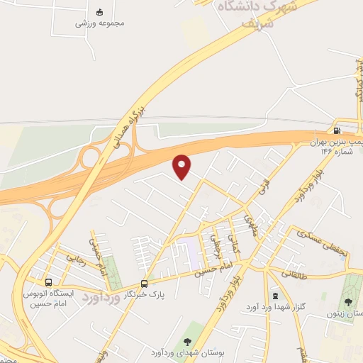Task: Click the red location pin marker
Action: click(183, 167)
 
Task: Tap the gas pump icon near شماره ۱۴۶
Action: click(336, 130)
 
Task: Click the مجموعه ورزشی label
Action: click(101, 23)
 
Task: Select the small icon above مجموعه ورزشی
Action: click(100, 11)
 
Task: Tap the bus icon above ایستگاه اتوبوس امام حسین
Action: click(48, 281)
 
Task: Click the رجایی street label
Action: click(76, 259)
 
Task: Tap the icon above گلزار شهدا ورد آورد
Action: click(275, 294)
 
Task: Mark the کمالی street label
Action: click(238, 247)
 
